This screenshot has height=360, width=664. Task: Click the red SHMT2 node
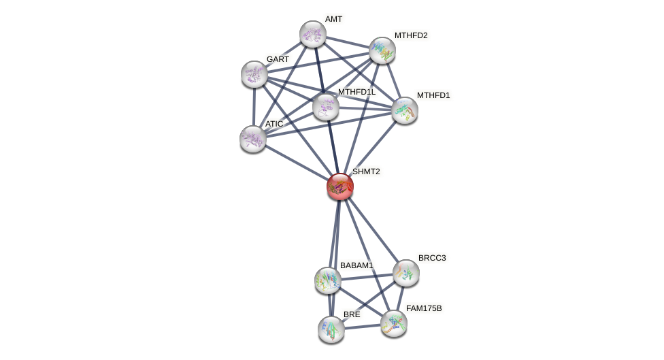click(340, 186)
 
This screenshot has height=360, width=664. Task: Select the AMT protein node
click(313, 34)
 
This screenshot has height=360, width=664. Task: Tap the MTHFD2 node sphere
click(382, 50)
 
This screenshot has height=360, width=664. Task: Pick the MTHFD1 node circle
click(405, 110)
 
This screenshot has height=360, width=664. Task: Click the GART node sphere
click(254, 74)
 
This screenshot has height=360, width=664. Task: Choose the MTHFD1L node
click(326, 107)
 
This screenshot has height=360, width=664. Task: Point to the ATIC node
click(253, 139)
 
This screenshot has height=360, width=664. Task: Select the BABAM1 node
click(328, 280)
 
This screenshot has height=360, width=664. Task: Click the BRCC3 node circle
click(406, 273)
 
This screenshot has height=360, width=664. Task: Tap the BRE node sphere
click(331, 329)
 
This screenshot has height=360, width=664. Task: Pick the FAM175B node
click(393, 323)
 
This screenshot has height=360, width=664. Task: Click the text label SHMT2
click(366, 171)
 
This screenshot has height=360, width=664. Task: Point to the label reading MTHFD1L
click(356, 92)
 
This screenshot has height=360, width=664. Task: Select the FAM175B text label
click(424, 308)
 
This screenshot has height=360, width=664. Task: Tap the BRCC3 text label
click(432, 258)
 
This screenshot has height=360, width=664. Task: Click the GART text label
click(278, 59)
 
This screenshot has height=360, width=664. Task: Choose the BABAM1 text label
click(356, 265)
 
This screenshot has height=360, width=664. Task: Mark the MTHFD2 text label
click(411, 35)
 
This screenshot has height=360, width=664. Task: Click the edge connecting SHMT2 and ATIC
click(297, 163)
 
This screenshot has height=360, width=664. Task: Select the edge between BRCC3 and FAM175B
click(400, 298)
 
